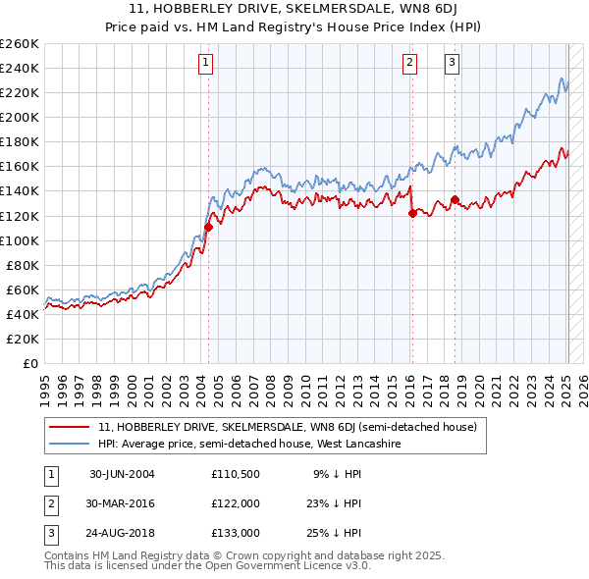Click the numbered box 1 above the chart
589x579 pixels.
click(x=206, y=63)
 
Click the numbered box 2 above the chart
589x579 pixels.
click(x=409, y=63)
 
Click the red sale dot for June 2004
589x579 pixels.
click(x=208, y=227)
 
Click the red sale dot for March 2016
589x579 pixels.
click(x=411, y=213)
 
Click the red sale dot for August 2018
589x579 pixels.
click(x=455, y=199)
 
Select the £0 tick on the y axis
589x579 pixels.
click(x=30, y=363)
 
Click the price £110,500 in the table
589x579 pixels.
click(x=236, y=474)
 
